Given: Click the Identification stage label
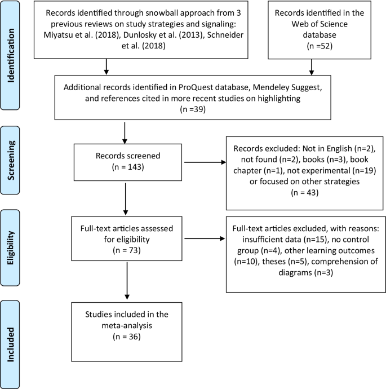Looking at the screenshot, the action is pyautogui.click(x=11, y=55).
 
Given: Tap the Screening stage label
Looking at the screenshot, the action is pyautogui.click(x=11, y=160).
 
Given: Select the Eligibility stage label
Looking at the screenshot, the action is pyautogui.click(x=10, y=248).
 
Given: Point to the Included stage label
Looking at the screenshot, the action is pyautogui.click(x=10, y=344).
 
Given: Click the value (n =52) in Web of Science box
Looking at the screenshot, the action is pyautogui.click(x=320, y=46).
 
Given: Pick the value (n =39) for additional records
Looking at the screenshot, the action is pyautogui.click(x=193, y=109).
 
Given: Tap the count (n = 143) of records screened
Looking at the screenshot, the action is pyautogui.click(x=128, y=167).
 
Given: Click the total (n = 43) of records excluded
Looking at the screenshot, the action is pyautogui.click(x=305, y=192).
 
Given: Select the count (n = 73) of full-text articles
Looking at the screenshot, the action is pyautogui.click(x=127, y=250).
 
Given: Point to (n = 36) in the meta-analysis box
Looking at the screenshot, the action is pyautogui.click(x=127, y=337).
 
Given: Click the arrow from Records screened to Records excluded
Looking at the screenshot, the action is pyautogui.click(x=205, y=162).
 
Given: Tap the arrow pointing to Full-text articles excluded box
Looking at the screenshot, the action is pyautogui.click(x=205, y=238).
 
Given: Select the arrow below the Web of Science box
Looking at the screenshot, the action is pyautogui.click(x=312, y=67).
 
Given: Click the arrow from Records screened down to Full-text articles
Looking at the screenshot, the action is pyautogui.click(x=126, y=199).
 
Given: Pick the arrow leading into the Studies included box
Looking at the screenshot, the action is pyautogui.click(x=127, y=281).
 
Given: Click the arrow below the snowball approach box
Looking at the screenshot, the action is pyautogui.click(x=107, y=67).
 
